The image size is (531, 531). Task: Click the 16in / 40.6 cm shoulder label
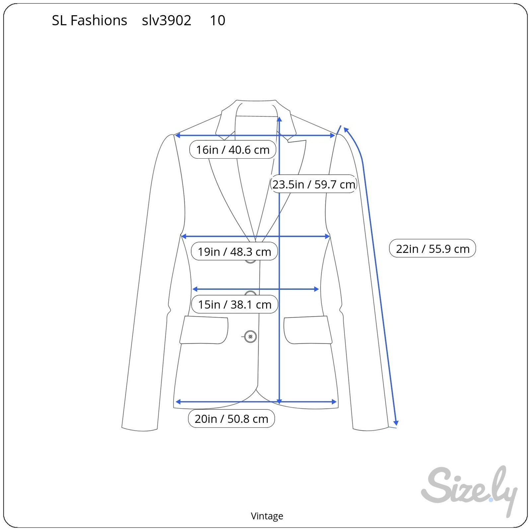[x=233, y=150]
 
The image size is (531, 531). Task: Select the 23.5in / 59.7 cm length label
[x=314, y=184]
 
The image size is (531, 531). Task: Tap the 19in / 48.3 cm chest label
[x=234, y=252]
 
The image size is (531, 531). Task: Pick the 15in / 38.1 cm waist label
[x=235, y=304]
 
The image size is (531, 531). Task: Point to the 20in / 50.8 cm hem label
[x=231, y=418]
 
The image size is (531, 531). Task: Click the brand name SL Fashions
[x=90, y=21]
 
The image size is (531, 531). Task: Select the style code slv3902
[x=167, y=21]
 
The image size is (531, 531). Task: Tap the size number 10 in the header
[x=218, y=21]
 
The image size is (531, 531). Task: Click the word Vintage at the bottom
[x=267, y=516]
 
